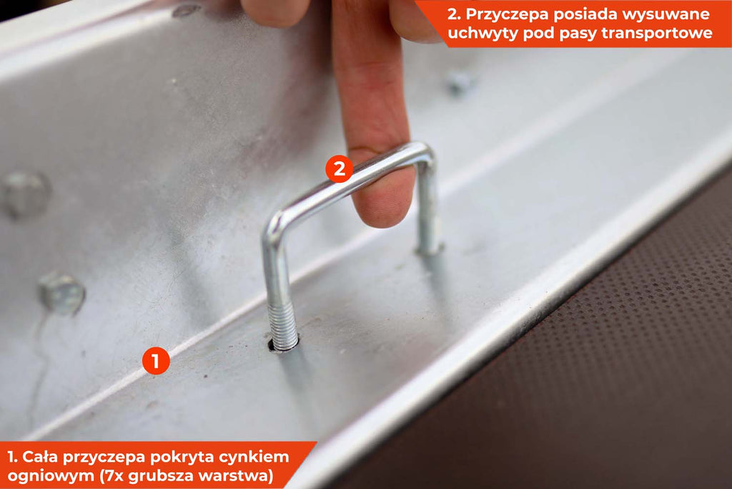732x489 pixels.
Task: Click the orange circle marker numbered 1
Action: (156, 360)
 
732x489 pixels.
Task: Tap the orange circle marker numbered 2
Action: (340, 168)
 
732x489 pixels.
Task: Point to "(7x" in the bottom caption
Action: (112, 476)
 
